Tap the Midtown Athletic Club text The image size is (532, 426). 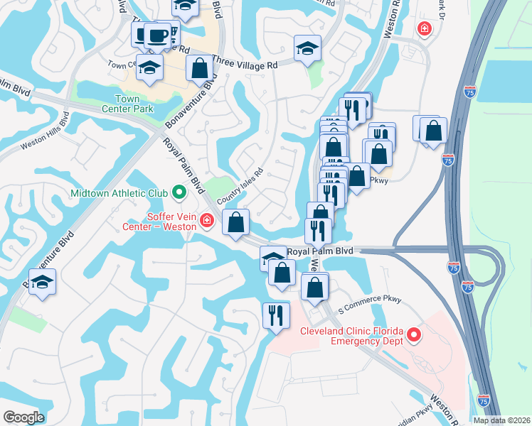pyautogui.click(x=119, y=193)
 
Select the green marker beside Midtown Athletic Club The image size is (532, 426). pyautogui.click(x=179, y=192)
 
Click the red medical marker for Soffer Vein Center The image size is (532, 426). pyautogui.click(x=207, y=222)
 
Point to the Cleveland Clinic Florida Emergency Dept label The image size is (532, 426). pyautogui.click(x=351, y=337)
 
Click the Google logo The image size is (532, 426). pyautogui.click(x=23, y=417)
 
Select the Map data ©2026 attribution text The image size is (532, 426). pyautogui.click(x=502, y=420)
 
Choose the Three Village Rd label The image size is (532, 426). pyautogui.click(x=245, y=65)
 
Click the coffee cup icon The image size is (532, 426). pyautogui.click(x=156, y=35)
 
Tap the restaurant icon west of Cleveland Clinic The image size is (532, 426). pyautogui.click(x=275, y=315)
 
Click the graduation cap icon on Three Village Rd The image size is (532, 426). pyautogui.click(x=307, y=50)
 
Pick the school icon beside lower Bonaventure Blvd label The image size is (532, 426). pyautogui.click(x=42, y=282)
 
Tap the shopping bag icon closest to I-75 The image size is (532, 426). pyautogui.click(x=432, y=131)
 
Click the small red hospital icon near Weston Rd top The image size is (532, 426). pyautogui.click(x=425, y=29)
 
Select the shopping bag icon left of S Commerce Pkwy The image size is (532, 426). pyautogui.click(x=314, y=288)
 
